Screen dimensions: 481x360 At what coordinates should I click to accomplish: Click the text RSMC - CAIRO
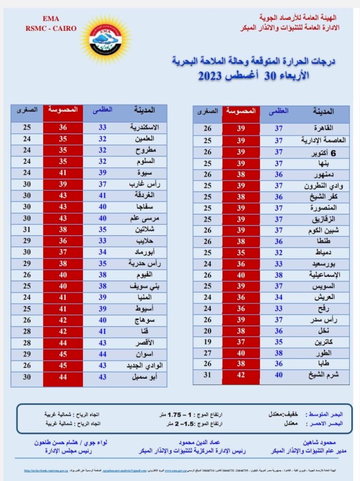[44, 28]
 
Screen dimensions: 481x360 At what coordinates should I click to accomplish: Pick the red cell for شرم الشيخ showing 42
[241, 374]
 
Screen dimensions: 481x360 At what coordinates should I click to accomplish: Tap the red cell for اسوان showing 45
[62, 354]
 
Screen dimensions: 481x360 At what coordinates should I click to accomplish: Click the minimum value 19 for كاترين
[207, 341]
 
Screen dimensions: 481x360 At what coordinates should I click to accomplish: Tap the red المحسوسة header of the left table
[62, 109]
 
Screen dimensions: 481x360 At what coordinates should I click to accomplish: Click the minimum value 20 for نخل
[207, 331]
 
